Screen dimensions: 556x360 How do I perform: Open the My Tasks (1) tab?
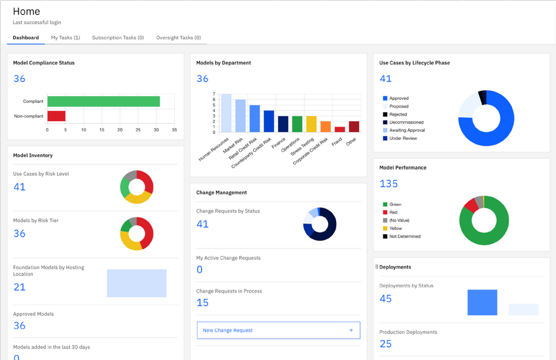pyautogui.click(x=66, y=37)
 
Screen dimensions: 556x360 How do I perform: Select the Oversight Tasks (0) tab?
pyautogui.click(x=178, y=37)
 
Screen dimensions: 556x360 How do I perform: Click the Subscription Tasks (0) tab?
pyautogui.click(x=118, y=37)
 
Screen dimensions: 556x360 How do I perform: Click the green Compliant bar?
pyautogui.click(x=104, y=101)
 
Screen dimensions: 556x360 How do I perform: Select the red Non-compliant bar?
pyautogui.click(x=56, y=116)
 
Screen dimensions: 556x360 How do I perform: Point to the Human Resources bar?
pyautogui.click(x=226, y=113)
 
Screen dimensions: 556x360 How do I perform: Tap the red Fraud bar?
pyautogui.click(x=340, y=129)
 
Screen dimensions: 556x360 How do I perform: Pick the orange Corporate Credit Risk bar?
pyautogui.click(x=326, y=127)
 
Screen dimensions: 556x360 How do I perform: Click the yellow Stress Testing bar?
pyautogui.click(x=311, y=124)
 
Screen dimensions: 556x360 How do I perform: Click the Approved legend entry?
pyautogui.click(x=396, y=98)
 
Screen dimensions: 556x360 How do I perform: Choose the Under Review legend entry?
pyautogui.click(x=400, y=138)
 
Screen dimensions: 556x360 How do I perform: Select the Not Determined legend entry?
pyautogui.click(x=402, y=236)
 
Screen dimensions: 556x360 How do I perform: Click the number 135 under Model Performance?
pyautogui.click(x=389, y=183)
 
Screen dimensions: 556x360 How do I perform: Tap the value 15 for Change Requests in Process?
pyautogui.click(x=203, y=302)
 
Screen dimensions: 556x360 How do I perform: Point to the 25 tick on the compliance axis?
pyautogui.click(x=138, y=130)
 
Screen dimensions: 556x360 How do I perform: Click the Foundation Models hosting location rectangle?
pyautogui.click(x=137, y=283)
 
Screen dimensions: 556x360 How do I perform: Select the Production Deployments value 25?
pyautogui.click(x=386, y=344)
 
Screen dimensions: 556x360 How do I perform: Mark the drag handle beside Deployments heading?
pyautogui.click(x=376, y=267)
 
